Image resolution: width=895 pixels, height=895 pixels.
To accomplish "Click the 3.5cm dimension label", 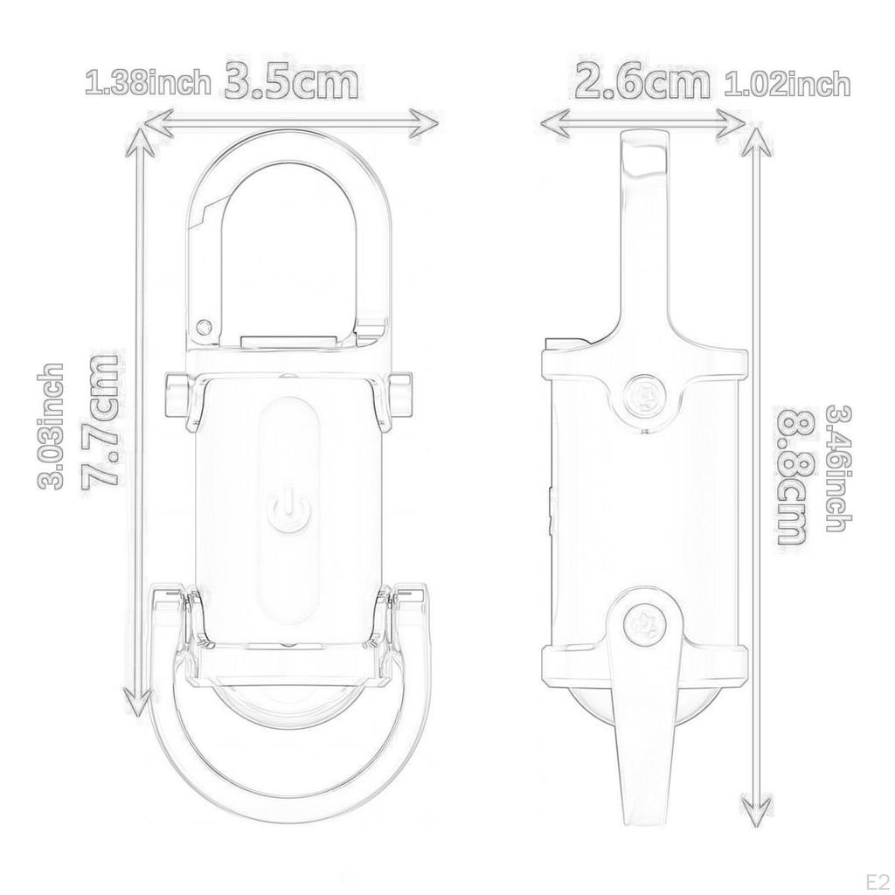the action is coord(292,82).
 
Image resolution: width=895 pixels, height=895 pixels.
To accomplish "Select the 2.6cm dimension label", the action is coord(642,82).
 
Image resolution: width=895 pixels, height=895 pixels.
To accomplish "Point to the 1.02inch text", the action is coord(787,85).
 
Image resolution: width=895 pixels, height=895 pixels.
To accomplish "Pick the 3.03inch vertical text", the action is coord(50,426).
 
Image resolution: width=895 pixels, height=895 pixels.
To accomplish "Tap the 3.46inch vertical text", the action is coord(839,468).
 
